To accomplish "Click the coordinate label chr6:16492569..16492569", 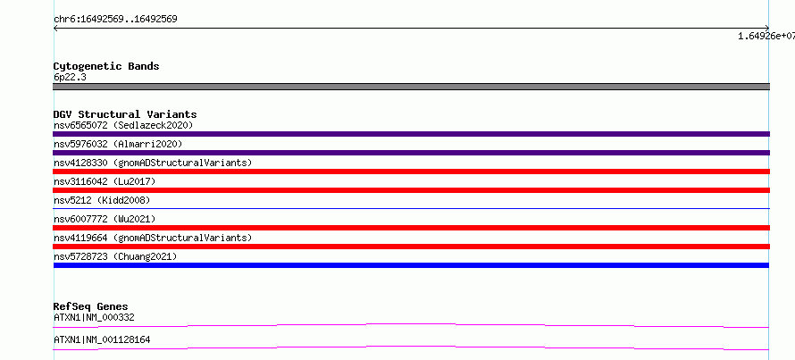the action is [115, 20].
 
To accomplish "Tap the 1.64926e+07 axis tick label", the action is [766, 36].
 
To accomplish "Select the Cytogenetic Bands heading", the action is [106, 66].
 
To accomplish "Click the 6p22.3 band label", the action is [70, 77].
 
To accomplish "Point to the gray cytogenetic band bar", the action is [411, 87].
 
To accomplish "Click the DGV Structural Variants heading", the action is [125, 114].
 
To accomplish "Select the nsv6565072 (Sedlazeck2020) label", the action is [123, 125].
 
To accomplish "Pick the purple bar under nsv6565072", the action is [411, 134].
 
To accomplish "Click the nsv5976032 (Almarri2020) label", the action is [118, 144].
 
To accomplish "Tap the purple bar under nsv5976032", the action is [411, 153].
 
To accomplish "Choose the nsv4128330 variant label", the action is [153, 163].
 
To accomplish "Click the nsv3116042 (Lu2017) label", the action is [105, 181].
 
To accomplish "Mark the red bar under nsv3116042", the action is [411, 190].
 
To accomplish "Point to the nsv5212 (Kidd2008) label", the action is [102, 200].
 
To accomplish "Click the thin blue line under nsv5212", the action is [411, 208].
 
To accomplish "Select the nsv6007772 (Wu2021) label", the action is [105, 219].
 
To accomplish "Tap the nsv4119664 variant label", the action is [153, 238].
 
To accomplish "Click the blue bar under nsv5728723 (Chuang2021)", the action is [411, 265].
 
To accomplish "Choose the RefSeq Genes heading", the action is [91, 306].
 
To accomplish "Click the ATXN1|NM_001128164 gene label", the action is [102, 339].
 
